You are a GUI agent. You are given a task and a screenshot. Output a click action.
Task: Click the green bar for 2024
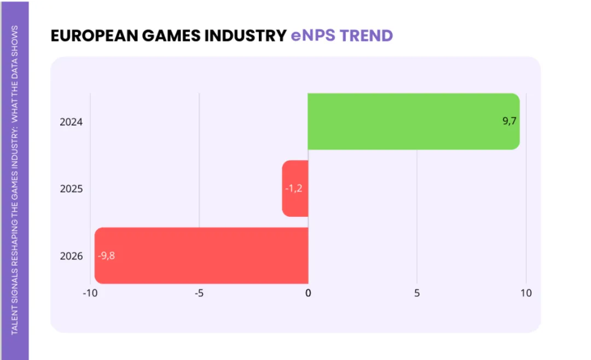414,121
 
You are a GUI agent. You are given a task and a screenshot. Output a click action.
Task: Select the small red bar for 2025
295,189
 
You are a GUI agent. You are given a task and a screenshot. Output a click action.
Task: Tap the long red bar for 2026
201,256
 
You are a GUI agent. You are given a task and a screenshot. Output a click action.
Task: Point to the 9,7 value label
509,121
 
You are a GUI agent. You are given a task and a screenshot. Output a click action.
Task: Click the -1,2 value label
294,188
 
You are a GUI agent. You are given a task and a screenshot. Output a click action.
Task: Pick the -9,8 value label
106,256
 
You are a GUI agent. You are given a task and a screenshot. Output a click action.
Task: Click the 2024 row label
71,122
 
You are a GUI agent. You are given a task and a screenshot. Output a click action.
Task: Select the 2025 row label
71,189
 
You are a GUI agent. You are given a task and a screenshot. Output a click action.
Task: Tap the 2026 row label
71,256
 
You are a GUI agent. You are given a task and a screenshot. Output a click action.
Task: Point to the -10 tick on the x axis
90,293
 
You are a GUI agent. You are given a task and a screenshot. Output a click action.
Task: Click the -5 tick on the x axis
199,293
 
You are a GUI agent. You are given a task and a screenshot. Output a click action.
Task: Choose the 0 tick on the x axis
308,293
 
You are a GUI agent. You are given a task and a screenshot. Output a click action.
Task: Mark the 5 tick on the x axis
417,293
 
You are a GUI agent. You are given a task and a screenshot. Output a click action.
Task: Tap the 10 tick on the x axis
526,293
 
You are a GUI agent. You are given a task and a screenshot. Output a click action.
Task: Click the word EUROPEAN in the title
94,36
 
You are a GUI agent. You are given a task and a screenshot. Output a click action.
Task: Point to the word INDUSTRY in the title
245,36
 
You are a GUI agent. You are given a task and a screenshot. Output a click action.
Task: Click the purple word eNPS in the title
313,36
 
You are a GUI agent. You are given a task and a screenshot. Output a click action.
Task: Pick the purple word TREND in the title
366,36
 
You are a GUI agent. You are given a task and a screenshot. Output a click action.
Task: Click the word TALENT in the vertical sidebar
15,320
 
